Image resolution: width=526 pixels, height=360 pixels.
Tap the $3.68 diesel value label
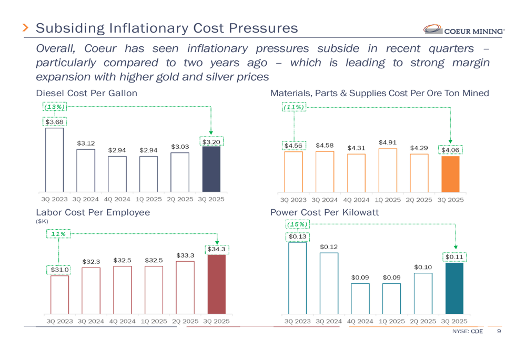(54, 122)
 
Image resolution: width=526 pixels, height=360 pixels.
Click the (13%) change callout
(54, 107)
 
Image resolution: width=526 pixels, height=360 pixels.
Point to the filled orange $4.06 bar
(450, 174)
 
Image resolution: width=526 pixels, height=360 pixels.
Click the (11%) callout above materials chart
(294, 107)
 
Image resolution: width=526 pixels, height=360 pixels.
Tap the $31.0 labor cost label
(59, 270)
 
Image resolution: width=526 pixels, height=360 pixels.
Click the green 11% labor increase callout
(59, 233)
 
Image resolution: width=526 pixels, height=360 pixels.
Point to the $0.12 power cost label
(328, 246)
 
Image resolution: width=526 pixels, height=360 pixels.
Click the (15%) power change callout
(297, 224)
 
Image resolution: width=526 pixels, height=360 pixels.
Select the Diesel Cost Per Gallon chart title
(86, 93)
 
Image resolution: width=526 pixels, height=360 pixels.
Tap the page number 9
(499, 332)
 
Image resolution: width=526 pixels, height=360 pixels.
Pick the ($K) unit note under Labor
(42, 222)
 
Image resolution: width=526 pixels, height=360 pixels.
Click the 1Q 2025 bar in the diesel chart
(148, 173)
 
